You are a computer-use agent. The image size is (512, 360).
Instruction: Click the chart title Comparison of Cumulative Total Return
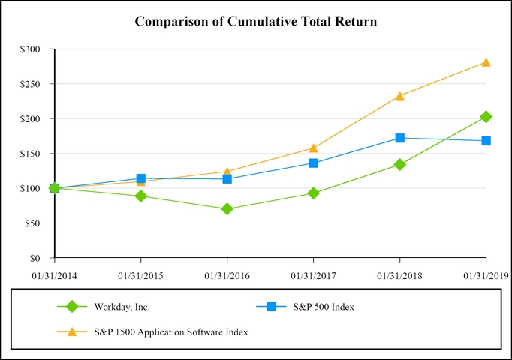click(x=255, y=21)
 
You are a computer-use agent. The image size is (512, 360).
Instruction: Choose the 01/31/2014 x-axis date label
click(x=54, y=275)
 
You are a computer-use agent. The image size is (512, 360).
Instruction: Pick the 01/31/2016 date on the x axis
click(x=227, y=275)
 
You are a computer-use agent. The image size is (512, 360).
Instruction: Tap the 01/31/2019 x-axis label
click(x=486, y=275)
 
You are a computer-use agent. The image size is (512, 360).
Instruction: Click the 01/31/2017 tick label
click(x=313, y=275)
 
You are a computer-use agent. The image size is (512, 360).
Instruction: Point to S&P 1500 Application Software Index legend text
click(x=171, y=331)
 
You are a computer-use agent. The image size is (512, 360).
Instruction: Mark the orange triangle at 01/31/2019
click(x=486, y=62)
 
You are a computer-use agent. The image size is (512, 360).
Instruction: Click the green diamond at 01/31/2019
click(x=486, y=117)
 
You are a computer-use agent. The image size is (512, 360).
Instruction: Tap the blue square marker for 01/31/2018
click(x=399, y=138)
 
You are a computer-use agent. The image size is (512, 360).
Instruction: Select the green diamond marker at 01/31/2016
click(x=227, y=209)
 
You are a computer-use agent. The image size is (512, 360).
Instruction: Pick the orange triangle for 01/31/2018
click(x=399, y=95)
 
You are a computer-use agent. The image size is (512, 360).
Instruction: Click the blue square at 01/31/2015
click(x=140, y=178)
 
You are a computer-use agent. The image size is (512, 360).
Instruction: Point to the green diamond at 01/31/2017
click(x=313, y=193)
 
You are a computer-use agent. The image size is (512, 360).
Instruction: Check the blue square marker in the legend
click(x=272, y=306)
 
